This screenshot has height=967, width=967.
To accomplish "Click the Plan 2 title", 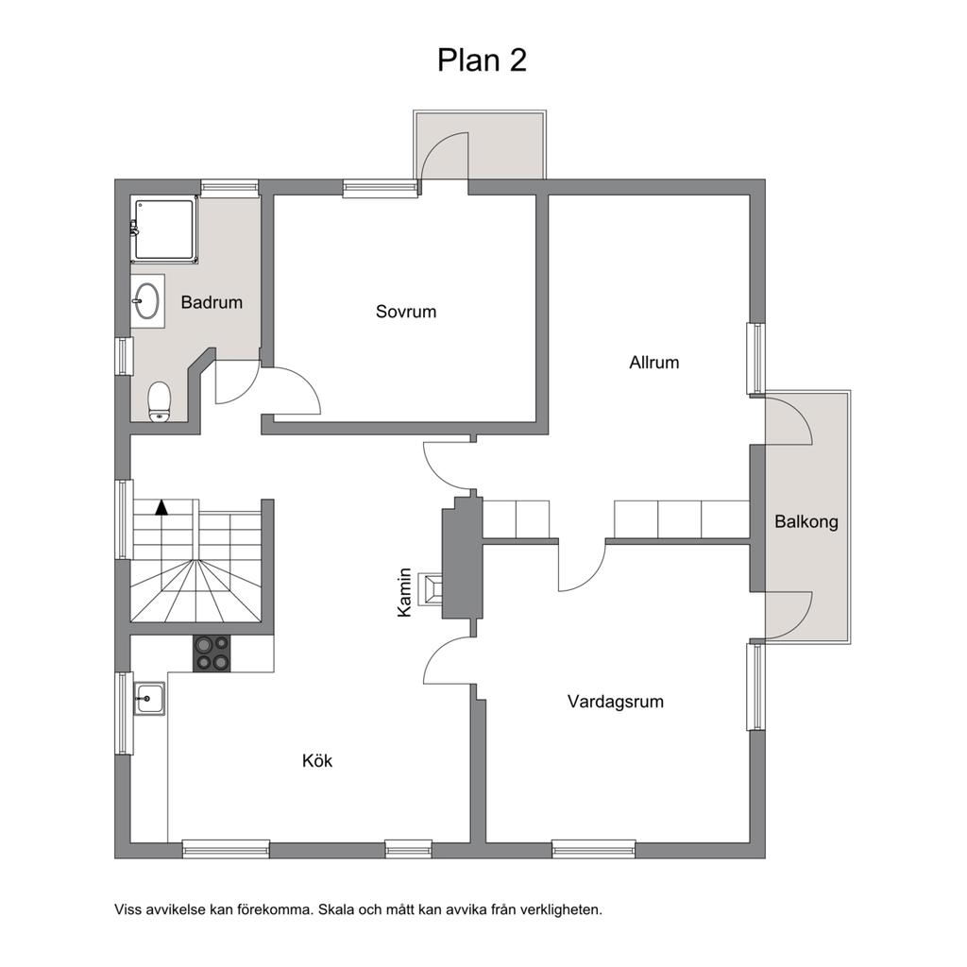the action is click(482, 60).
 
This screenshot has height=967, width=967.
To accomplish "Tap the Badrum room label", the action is click(212, 302).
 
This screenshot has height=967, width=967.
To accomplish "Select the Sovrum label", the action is click(406, 312).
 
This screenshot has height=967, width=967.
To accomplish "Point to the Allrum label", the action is click(653, 362).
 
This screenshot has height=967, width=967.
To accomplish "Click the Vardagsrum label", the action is click(616, 702).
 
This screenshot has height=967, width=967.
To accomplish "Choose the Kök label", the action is click(317, 760).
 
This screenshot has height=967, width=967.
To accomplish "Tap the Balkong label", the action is click(806, 521).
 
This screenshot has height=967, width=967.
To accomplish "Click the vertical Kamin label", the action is click(404, 592).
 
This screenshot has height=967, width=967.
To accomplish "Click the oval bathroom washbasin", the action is click(147, 301).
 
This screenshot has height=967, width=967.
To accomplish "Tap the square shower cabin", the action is click(164, 230).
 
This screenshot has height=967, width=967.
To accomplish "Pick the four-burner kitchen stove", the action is click(212, 653).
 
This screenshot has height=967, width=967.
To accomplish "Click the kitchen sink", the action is click(150, 698).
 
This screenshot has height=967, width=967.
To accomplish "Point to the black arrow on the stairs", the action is click(161, 507).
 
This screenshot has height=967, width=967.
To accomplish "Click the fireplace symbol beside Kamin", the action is click(431, 589).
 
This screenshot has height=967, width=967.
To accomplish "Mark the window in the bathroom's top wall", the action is click(229, 188).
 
